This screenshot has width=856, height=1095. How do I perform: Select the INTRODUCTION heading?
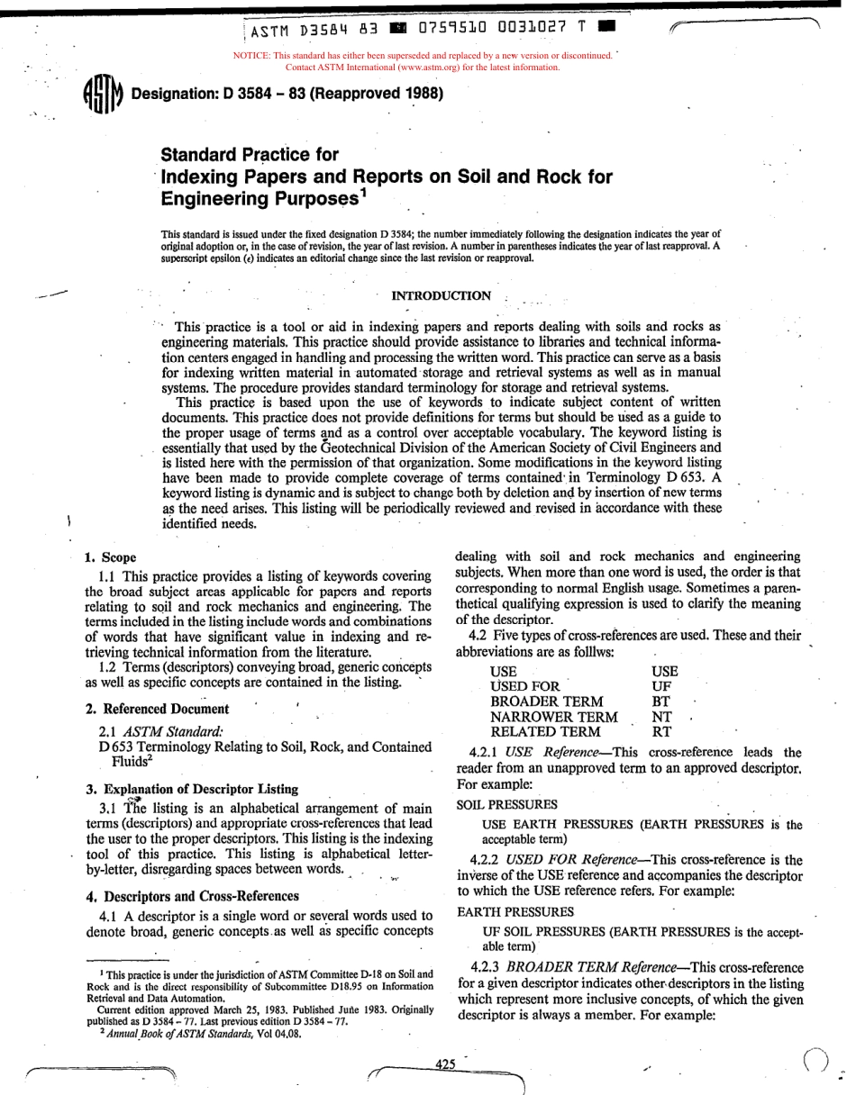[x=442, y=295]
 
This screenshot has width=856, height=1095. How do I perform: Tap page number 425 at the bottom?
[x=445, y=1063]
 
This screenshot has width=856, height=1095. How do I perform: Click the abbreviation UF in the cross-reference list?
[x=660, y=685]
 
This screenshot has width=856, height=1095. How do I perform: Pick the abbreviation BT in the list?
[x=660, y=701]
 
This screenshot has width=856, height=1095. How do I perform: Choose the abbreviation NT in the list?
[x=661, y=717]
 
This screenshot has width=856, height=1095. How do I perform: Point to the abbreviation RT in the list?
[x=660, y=732]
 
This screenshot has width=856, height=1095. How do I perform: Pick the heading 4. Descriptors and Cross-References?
[x=191, y=896]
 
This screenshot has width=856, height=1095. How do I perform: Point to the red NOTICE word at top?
[x=253, y=56]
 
